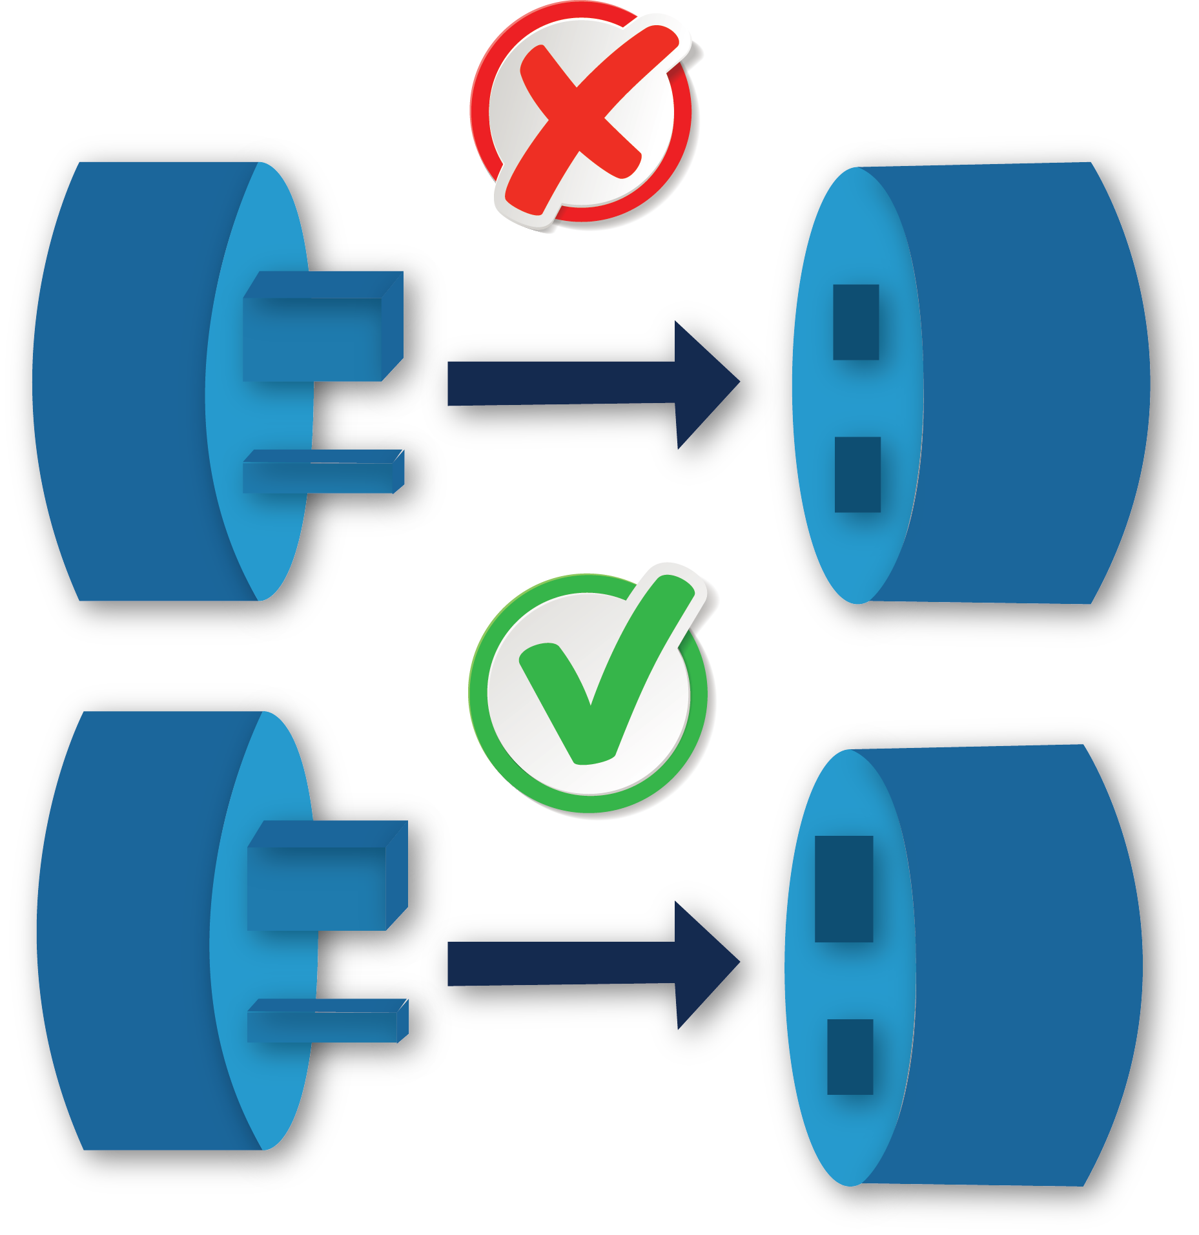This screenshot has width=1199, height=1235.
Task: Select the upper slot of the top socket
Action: point(856,322)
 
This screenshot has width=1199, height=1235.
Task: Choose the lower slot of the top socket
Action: point(857,475)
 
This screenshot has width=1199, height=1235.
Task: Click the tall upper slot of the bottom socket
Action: point(844,889)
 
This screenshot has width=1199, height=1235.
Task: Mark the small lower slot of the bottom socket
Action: point(850,1057)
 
